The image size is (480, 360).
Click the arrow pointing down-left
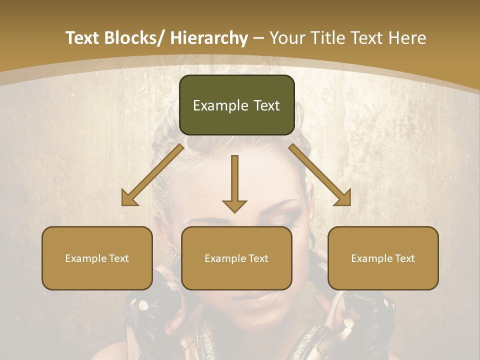pos(152,175)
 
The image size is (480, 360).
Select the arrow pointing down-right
pos(320,175)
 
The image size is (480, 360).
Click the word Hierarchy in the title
pos(209,38)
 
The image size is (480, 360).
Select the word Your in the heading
pos(286,38)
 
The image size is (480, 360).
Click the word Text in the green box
pos(265,105)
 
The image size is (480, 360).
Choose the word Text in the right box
pos(404,258)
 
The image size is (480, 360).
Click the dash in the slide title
pos(258,38)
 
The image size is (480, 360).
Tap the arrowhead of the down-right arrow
pos(342,197)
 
